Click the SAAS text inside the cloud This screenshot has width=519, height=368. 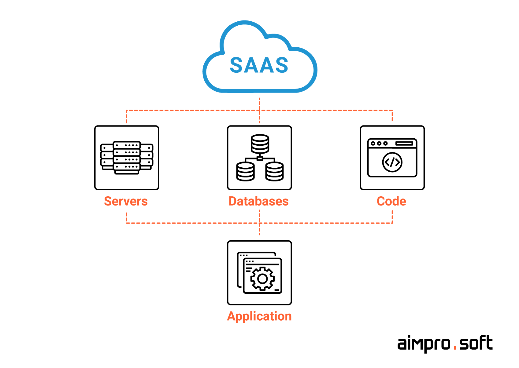click(x=259, y=65)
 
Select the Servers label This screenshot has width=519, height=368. click(x=126, y=201)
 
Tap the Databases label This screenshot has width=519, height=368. click(x=259, y=201)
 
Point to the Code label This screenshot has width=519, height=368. click(x=391, y=201)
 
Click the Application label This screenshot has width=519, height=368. click(x=259, y=316)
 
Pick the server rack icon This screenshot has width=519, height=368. click(x=127, y=158)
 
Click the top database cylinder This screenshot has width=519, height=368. click(x=260, y=144)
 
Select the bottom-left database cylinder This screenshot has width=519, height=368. click(x=245, y=171)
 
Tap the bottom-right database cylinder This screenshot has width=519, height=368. click(x=275, y=171)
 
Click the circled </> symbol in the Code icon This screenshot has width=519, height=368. click(x=392, y=162)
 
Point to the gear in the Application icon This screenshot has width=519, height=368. click(x=262, y=279)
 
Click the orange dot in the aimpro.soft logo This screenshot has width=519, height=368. click(x=455, y=348)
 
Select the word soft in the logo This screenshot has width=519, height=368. click(x=476, y=343)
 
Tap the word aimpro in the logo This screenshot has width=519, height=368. click(x=424, y=344)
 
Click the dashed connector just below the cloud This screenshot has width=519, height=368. click(x=260, y=104)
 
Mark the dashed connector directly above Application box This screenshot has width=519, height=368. click(x=260, y=231)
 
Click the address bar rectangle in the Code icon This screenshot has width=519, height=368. click(x=404, y=143)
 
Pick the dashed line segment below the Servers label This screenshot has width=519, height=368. click(x=127, y=217)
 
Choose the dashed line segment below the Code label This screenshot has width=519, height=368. click(x=392, y=217)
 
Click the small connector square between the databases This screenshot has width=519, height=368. click(x=260, y=158)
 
